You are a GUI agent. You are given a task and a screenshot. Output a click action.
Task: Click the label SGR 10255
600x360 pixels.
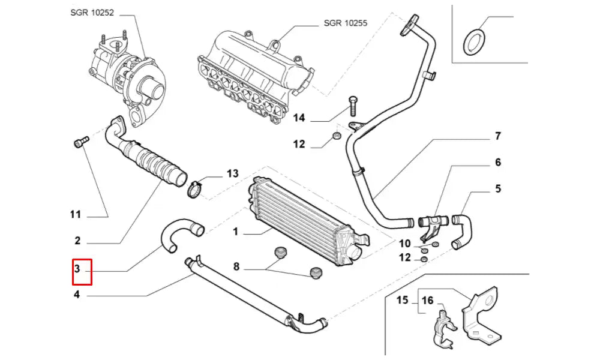(x=345, y=23)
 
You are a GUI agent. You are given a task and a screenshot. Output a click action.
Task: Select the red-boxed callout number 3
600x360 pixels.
(x=77, y=269)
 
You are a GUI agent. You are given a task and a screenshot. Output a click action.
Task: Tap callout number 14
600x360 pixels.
(x=299, y=118)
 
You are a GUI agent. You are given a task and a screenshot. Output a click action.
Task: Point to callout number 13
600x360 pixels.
(x=232, y=174)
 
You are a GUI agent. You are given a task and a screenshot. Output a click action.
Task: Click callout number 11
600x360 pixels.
(x=75, y=214)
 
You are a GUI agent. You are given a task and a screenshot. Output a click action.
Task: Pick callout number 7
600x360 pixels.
(x=497, y=137)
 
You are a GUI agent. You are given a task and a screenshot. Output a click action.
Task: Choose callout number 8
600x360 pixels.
(x=237, y=265)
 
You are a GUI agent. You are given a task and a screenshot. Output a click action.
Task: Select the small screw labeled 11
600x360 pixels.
(x=80, y=142)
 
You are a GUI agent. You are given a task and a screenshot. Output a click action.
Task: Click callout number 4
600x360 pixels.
(x=77, y=294)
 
